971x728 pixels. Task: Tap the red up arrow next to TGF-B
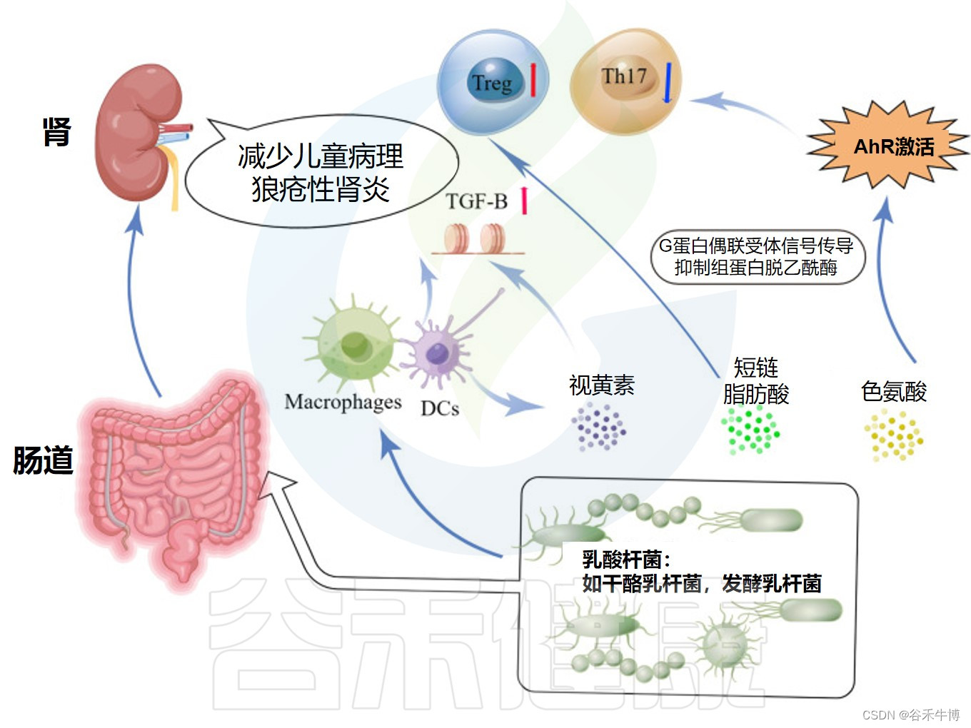click(524, 201)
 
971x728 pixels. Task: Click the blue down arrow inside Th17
click(667, 82)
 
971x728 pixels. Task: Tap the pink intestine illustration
click(171, 471)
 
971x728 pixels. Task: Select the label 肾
click(56, 132)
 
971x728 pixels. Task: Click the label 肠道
click(43, 460)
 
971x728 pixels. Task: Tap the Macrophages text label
click(343, 403)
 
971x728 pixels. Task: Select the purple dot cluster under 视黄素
click(598, 427)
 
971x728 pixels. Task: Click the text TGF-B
click(476, 201)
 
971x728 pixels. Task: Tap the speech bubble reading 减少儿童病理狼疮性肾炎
click(321, 172)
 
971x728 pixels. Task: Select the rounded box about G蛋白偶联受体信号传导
click(757, 257)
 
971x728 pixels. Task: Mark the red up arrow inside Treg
click(533, 81)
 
